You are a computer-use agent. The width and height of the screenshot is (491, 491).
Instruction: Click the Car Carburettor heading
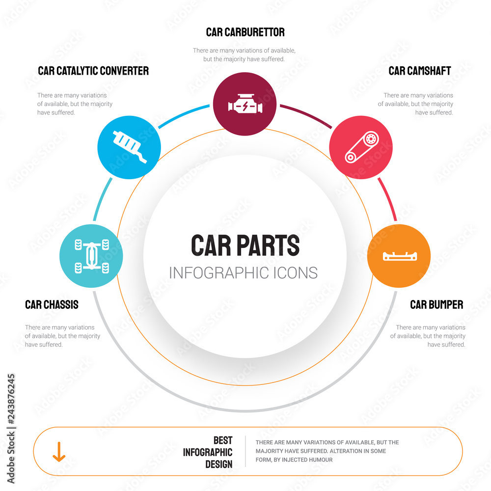coord(245,32)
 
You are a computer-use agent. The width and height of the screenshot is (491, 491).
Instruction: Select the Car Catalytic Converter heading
coord(93,71)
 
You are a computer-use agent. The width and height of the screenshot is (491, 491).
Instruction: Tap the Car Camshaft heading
coord(419,71)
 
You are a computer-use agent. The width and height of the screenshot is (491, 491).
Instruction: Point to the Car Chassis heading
coord(52,305)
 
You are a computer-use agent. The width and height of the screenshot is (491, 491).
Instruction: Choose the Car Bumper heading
coord(436,305)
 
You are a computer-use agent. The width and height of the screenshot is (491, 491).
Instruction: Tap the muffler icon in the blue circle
coord(129,146)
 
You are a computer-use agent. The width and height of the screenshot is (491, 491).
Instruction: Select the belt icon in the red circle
coord(361,147)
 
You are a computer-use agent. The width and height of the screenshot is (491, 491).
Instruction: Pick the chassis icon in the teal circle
coord(91,255)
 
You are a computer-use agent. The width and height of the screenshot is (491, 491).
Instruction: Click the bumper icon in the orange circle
coord(399,256)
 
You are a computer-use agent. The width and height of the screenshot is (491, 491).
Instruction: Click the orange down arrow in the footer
coord(59,451)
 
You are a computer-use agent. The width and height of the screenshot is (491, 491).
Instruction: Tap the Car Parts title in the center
coord(245,245)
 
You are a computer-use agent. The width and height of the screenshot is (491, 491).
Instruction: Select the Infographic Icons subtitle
coord(243,273)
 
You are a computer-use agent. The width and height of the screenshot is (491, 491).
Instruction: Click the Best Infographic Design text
coord(208,452)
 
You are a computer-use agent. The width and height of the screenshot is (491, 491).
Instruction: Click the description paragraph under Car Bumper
coord(428,336)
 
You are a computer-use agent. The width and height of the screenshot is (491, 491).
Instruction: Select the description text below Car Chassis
coord(62,336)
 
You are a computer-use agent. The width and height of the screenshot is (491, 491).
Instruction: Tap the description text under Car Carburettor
coord(244,55)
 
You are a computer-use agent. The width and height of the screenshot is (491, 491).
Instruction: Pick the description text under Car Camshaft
coord(416,104)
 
